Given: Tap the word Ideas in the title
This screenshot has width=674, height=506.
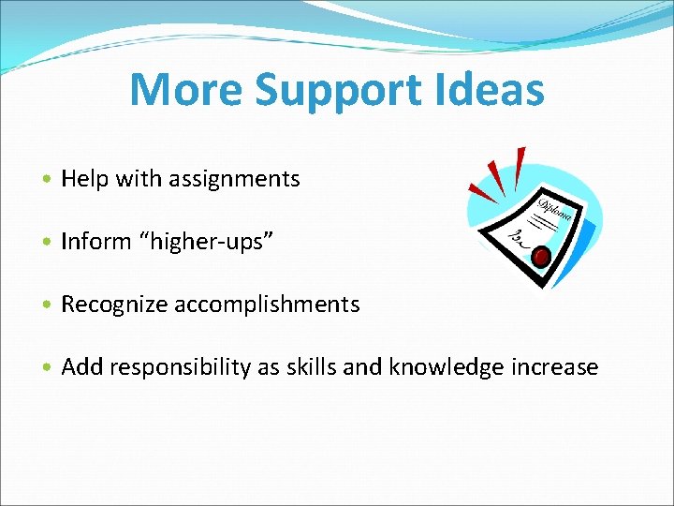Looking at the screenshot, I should click(496, 91).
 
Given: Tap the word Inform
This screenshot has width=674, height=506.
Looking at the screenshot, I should click(95, 242).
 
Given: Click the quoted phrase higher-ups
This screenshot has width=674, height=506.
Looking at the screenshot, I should click(206, 242).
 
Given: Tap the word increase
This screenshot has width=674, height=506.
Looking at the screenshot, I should click(555, 367).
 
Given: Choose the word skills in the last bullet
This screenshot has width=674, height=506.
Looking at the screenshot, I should click(311, 367).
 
